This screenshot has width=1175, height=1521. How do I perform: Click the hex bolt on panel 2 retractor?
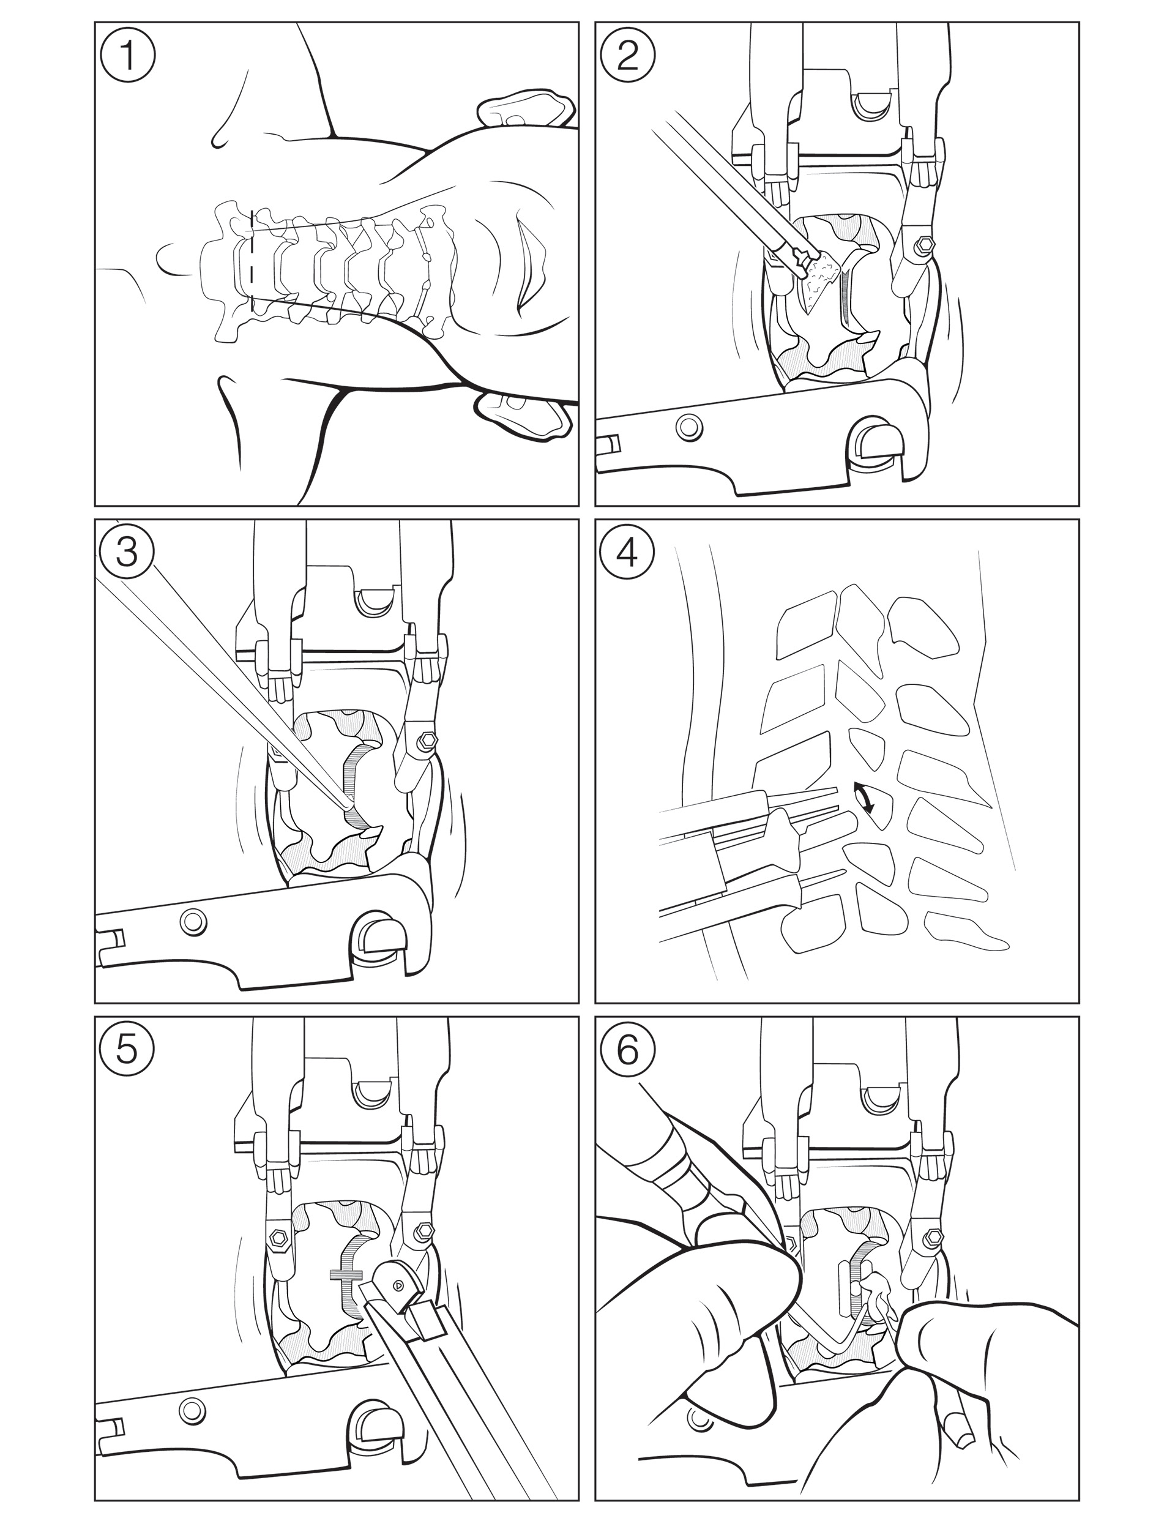point(926,246)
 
